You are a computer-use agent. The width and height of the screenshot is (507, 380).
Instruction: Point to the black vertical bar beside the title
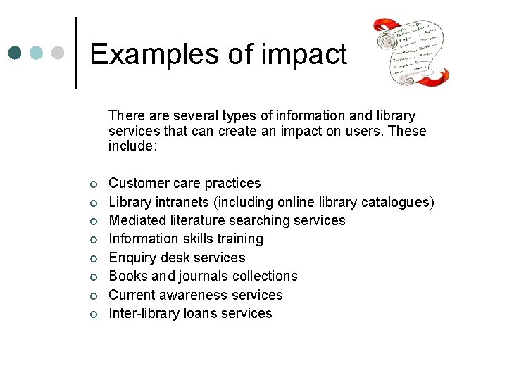click(76, 53)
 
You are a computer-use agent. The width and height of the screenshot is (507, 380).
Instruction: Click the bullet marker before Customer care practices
click(93, 184)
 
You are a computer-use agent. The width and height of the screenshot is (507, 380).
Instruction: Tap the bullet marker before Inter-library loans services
click(93, 315)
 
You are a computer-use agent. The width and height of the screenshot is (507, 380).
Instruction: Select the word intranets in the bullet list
click(180, 203)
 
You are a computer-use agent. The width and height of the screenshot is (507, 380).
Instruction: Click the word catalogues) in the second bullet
click(397, 203)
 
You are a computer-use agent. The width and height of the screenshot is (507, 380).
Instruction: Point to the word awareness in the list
click(199, 296)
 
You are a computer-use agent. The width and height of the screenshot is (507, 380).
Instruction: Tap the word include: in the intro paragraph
click(132, 146)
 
